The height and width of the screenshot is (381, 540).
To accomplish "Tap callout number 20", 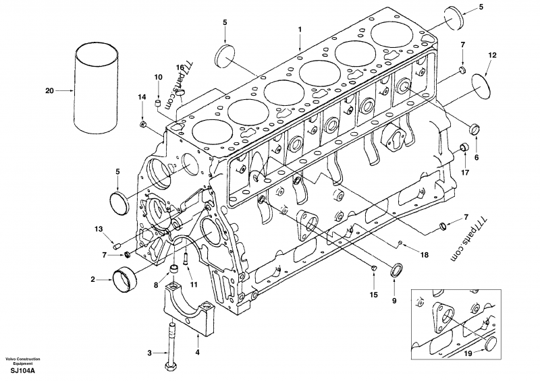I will click(49, 89).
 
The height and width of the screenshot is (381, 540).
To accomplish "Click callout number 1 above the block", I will click(300, 30).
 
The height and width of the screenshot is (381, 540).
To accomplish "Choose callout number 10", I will click(157, 77).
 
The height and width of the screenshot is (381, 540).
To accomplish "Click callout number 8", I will click(156, 285).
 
